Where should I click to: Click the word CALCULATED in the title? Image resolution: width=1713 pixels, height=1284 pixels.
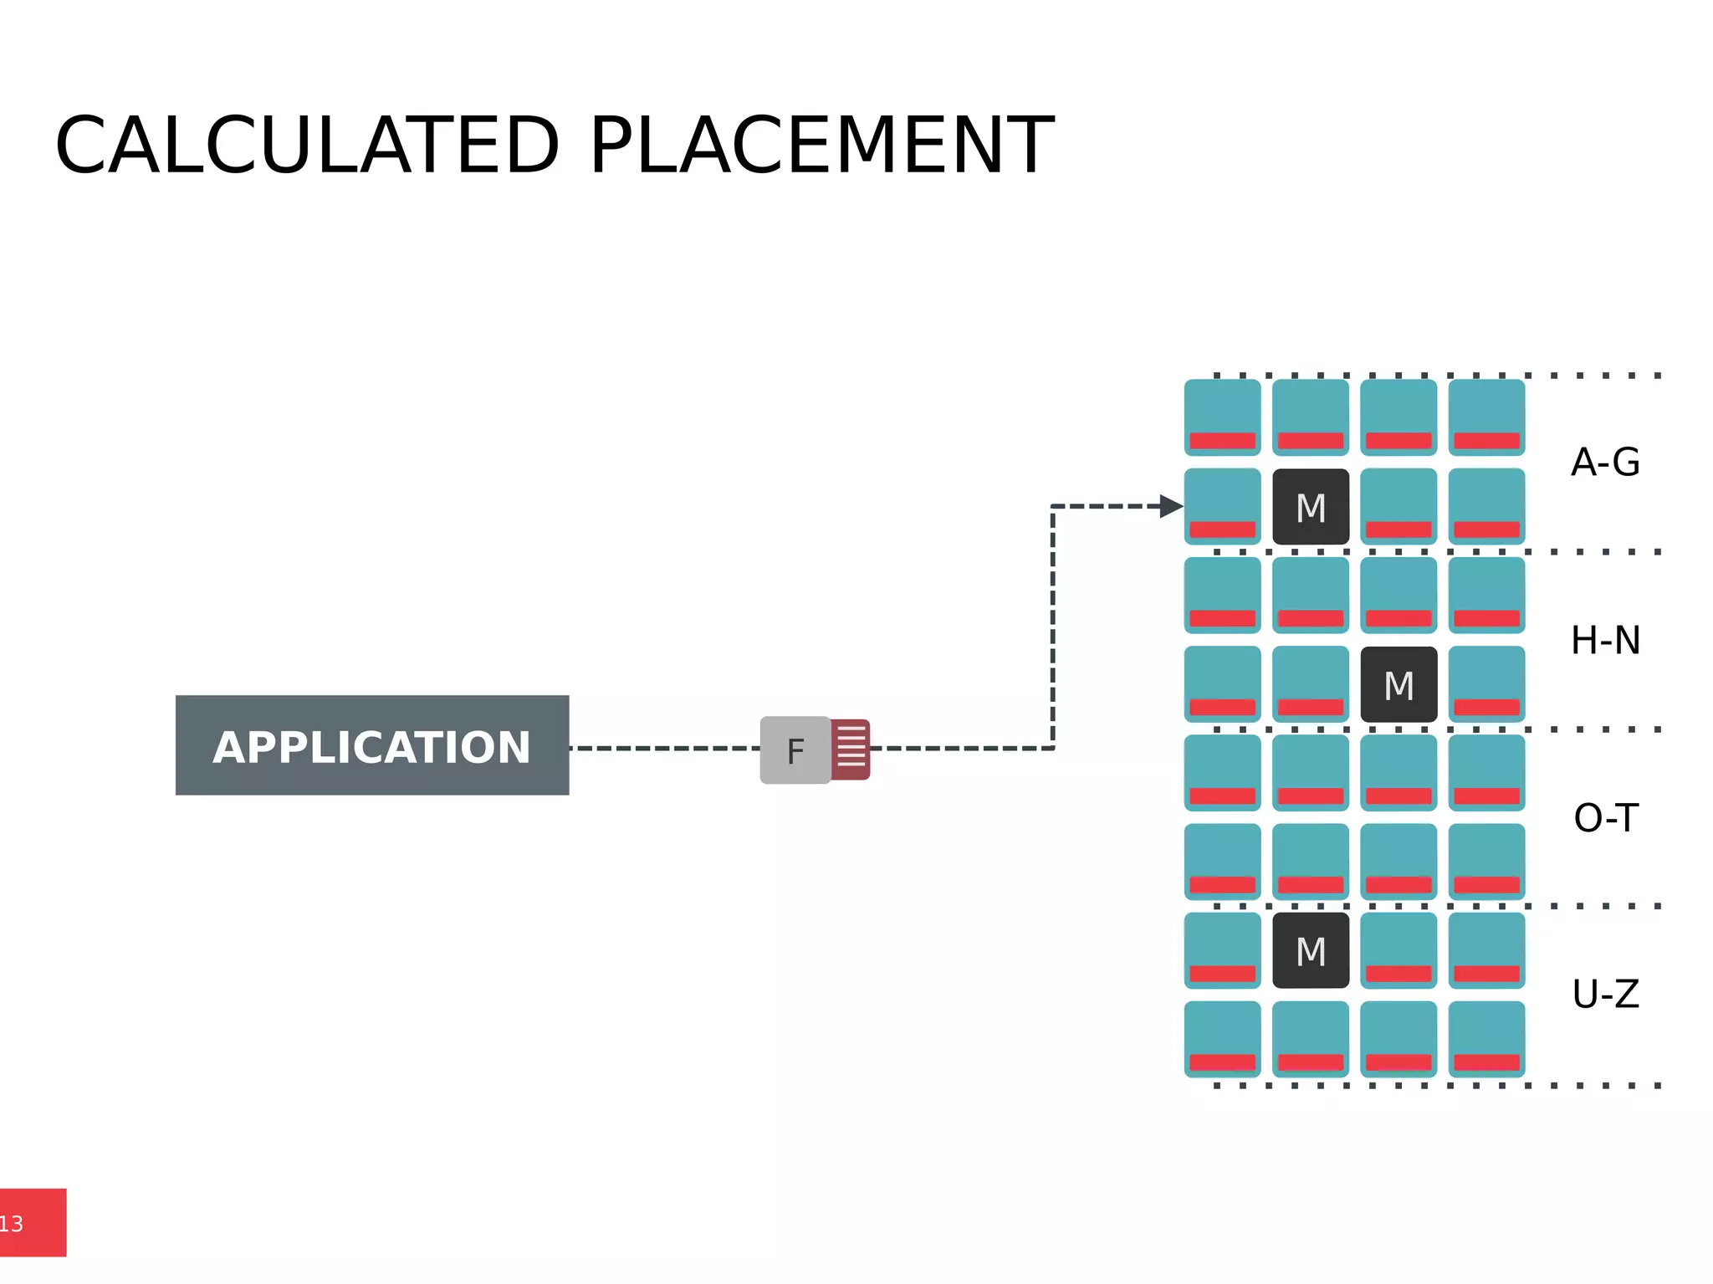coord(307,146)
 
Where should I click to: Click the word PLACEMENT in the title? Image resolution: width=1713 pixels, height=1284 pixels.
coord(821,146)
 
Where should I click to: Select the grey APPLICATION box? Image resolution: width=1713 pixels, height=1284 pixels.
coord(372,745)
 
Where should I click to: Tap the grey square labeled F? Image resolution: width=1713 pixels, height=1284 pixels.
coord(795,750)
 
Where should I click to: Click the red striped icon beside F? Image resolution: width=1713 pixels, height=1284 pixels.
coord(851,749)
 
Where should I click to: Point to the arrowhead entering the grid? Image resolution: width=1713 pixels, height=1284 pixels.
coord(1171,506)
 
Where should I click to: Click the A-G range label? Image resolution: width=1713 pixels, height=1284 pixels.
coord(1605,462)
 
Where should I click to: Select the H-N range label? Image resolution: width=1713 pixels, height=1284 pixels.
coord(1605,641)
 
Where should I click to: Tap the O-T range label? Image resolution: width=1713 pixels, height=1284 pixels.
coord(1605,818)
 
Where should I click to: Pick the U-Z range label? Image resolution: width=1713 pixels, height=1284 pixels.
coord(1605,995)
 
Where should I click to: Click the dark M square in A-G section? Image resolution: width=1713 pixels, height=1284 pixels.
coord(1311,507)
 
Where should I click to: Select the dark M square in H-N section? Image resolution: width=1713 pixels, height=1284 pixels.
coord(1399,684)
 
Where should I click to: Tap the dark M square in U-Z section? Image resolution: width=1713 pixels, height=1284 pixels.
coord(1311,951)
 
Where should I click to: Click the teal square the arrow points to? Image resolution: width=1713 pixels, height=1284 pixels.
coord(1222,506)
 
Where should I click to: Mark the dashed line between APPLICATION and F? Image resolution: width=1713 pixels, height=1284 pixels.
coord(664,748)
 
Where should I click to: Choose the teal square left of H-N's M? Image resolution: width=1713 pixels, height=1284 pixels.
coord(1311,684)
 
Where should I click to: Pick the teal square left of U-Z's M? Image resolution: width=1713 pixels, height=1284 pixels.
coord(1222,951)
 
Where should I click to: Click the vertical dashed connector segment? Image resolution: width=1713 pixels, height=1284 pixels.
coord(1052,627)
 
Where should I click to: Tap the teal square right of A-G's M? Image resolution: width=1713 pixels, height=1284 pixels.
coord(1399,506)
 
